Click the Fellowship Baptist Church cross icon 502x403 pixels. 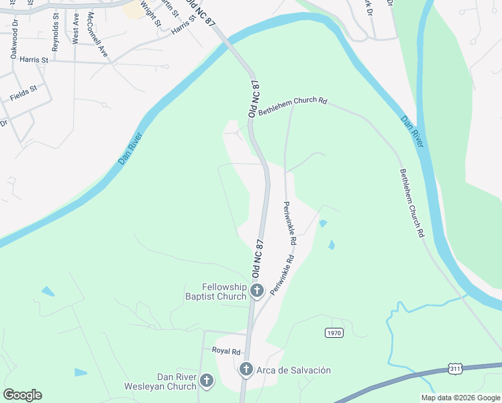pos(256,291)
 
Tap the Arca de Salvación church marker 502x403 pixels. pos(246,369)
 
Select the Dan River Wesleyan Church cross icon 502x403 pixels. pos(206,382)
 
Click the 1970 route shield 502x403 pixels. pos(334,333)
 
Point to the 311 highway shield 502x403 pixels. pos(456,369)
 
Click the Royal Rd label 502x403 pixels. pos(225,351)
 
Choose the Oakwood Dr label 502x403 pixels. pos(13,41)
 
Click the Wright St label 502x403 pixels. pos(152,13)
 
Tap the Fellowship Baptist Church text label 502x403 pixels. pos(215,291)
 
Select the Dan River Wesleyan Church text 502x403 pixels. pos(160,382)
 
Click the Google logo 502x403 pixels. pos(22,395)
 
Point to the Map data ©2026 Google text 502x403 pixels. pos(460,398)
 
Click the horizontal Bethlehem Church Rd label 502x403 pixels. pos(293,108)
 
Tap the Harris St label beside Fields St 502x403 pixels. pos(34,60)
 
